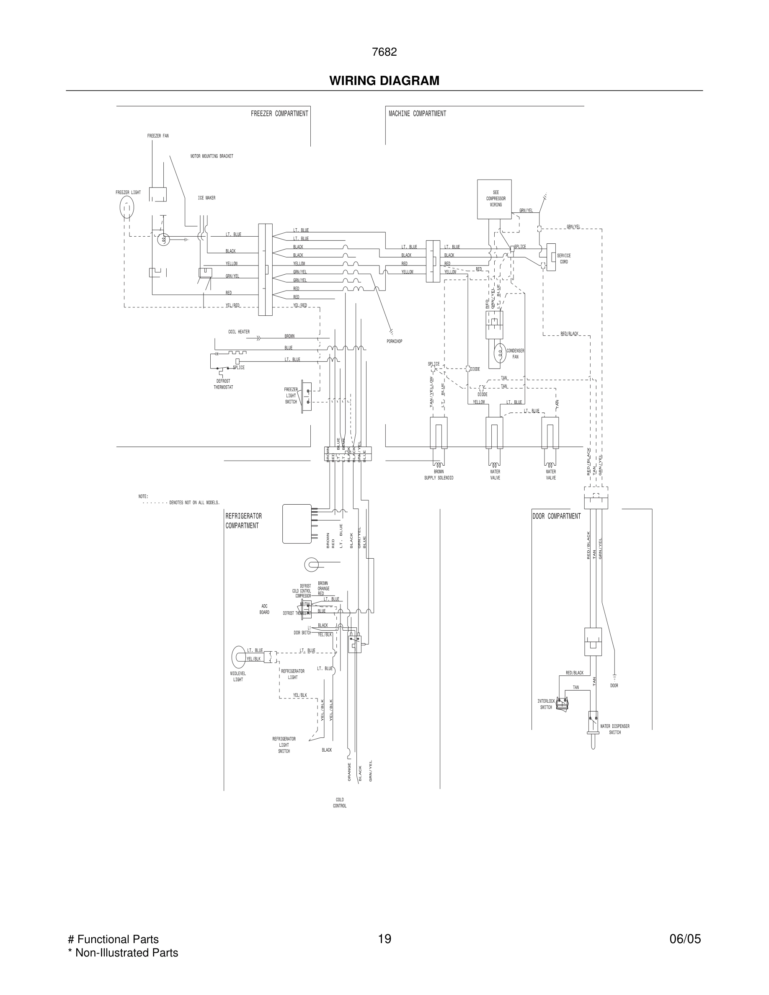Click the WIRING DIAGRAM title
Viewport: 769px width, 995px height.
click(x=384, y=81)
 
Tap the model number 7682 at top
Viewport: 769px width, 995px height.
click(x=384, y=52)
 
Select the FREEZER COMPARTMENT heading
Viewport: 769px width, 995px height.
click(x=279, y=113)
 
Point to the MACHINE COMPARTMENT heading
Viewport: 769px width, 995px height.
click(x=417, y=113)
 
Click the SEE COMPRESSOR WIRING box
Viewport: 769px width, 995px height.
click(x=494, y=199)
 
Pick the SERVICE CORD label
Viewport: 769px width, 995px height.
click(x=563, y=259)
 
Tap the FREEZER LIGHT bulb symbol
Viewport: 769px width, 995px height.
click(x=126, y=208)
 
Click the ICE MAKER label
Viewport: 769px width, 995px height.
click(x=206, y=198)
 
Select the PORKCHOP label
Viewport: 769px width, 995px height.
click(x=395, y=341)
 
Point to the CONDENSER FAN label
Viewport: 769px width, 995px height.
click(x=515, y=353)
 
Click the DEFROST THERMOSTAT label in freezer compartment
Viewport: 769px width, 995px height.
click(x=223, y=384)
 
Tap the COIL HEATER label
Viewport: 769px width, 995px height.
click(x=239, y=332)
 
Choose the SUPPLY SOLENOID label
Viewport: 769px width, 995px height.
click(x=439, y=478)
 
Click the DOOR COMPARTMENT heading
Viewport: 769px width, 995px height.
click(x=556, y=516)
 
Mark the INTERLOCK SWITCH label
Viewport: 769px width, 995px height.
click(x=546, y=704)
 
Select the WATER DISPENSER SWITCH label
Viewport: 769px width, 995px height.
click(x=614, y=729)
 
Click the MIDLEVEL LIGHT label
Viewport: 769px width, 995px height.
click(x=238, y=677)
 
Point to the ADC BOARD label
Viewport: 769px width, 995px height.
click(x=264, y=609)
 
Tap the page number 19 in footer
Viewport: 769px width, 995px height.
click(x=384, y=939)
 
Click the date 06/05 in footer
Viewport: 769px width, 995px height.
click(x=685, y=939)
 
